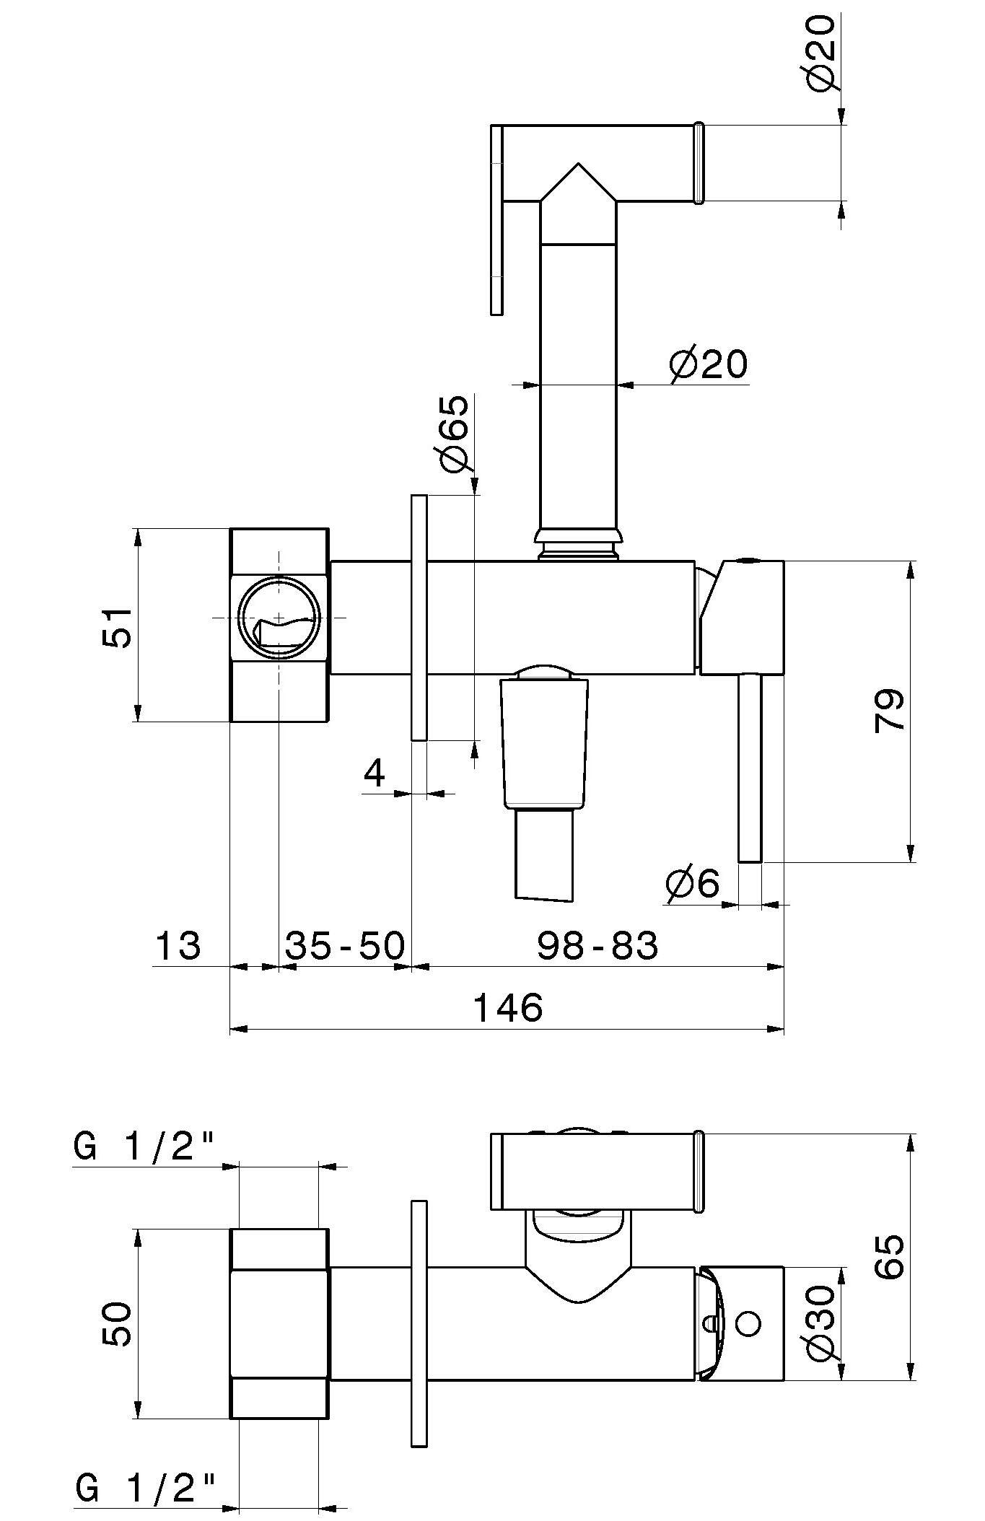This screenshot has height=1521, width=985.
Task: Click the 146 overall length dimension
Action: [x=507, y=1007]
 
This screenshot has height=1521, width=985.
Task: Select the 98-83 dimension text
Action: [x=597, y=945]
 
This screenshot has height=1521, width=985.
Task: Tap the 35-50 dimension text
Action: [x=345, y=945]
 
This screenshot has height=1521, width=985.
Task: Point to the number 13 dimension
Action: [x=178, y=945]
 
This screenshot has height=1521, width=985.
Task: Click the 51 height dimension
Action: [x=116, y=627]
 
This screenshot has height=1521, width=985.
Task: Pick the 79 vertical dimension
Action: [x=890, y=711]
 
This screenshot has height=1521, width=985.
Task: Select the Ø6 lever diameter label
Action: [x=693, y=884]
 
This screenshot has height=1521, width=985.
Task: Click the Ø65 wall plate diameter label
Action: [x=452, y=434]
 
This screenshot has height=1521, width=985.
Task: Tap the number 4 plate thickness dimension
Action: [x=375, y=773]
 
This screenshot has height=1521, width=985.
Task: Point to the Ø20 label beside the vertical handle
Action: [x=709, y=365]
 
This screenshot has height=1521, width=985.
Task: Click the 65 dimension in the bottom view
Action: [x=891, y=1257]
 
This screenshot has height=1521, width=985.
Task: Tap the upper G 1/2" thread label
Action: [x=144, y=1146]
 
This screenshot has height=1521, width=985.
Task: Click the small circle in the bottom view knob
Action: [x=749, y=1324]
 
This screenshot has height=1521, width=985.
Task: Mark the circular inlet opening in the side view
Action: [x=279, y=618]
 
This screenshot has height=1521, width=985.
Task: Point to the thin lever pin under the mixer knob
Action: [x=750, y=768]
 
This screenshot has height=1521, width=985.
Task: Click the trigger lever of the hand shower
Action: [x=496, y=220]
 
